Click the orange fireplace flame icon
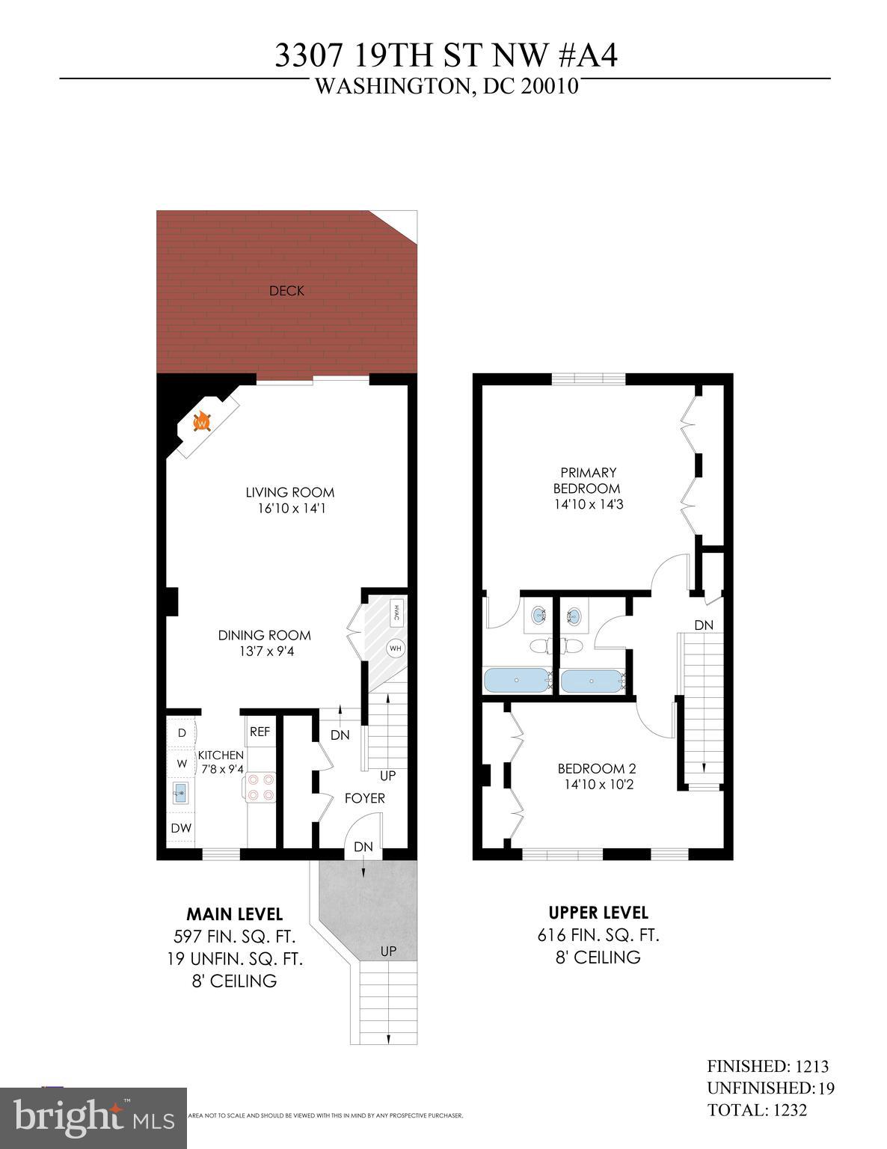(201, 423)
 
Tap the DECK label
(286, 290)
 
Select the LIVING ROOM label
(290, 492)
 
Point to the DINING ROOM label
(264, 635)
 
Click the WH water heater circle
(395, 648)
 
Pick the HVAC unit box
(395, 612)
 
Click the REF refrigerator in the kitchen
(260, 732)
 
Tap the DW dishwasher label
(181, 828)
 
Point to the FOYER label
(364, 798)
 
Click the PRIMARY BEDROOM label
(589, 480)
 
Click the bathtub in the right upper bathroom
(591, 681)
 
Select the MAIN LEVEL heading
(234, 913)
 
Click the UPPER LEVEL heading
(598, 913)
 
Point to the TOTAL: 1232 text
(757, 1109)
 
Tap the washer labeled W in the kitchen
(181, 764)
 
